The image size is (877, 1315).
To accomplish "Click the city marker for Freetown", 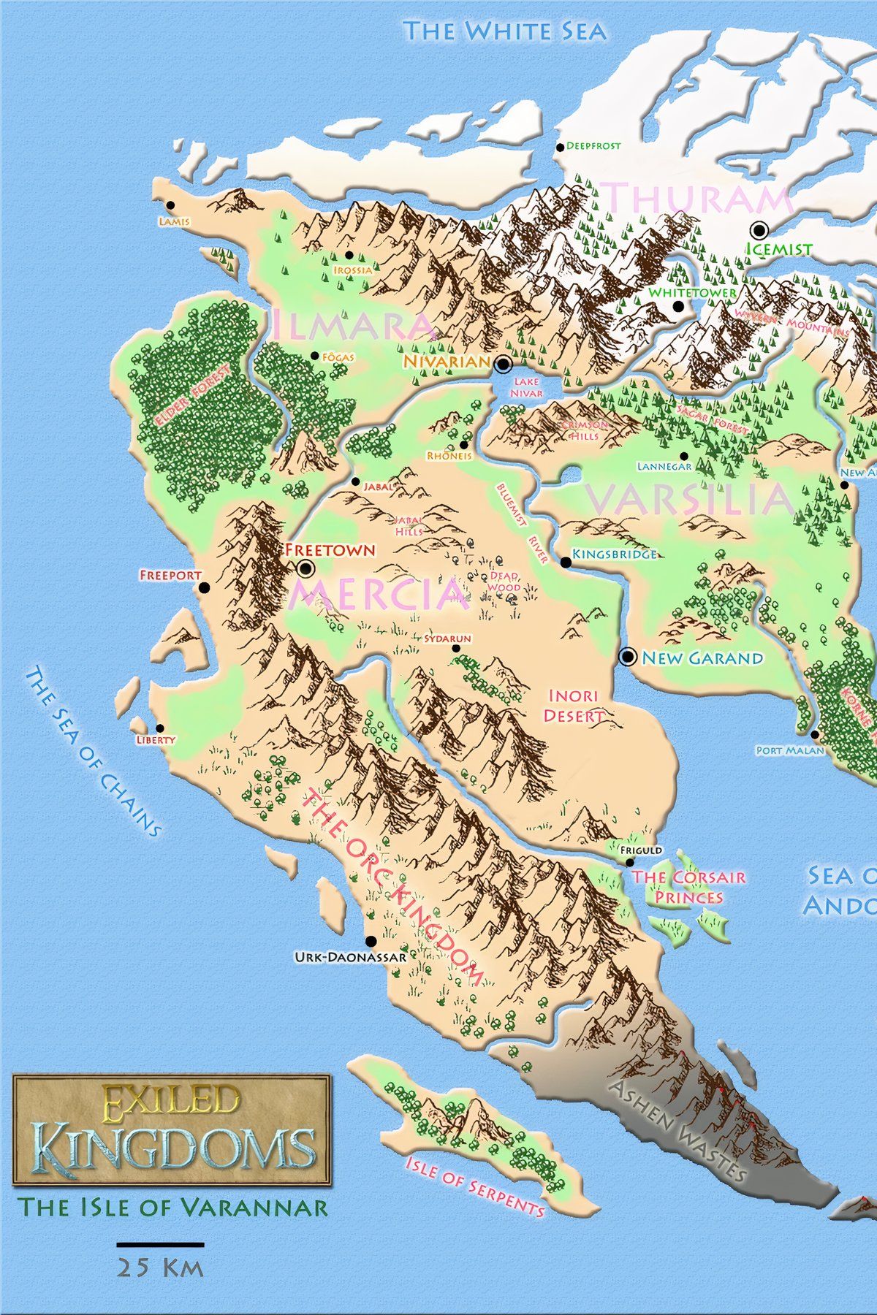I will [x=305, y=568].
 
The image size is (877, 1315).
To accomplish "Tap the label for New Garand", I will [x=702, y=658].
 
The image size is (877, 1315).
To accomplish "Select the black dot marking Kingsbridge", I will [x=565, y=562].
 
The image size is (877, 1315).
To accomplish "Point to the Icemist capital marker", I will [x=759, y=231].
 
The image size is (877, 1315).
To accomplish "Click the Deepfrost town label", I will [x=593, y=146].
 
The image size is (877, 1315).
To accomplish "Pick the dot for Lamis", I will [x=170, y=205].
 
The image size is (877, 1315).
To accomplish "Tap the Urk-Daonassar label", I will [x=349, y=956].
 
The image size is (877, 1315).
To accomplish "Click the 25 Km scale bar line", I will [x=160, y=1243].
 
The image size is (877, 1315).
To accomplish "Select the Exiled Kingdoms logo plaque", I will [x=172, y=1129].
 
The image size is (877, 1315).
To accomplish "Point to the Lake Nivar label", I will [x=526, y=388].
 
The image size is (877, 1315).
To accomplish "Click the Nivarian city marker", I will [x=503, y=363].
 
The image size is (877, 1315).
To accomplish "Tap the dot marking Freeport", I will [x=204, y=587].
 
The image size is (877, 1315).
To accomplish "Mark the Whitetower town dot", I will [x=679, y=306].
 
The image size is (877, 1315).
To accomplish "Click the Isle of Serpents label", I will [x=475, y=1188].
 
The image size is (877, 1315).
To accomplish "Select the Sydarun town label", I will [x=447, y=639].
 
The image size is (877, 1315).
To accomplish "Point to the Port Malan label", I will [x=789, y=750].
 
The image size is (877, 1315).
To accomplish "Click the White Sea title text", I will [x=505, y=31].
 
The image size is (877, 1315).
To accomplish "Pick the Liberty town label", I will [x=156, y=739].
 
